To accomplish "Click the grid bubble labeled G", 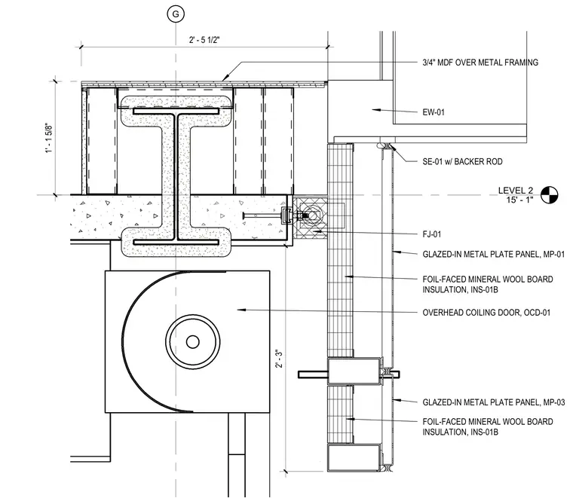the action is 176,14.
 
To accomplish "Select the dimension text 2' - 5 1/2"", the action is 204,40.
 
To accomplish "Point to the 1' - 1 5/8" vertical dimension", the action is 48,139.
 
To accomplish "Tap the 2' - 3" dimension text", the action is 279,359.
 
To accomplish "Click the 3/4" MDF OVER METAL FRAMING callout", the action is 480,63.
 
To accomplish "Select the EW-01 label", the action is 434,112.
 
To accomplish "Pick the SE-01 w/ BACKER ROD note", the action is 462,161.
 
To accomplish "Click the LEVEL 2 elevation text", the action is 516,190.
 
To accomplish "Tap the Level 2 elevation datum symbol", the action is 549,194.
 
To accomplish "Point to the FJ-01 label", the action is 431,234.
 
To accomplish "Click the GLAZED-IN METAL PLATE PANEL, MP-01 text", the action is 493,254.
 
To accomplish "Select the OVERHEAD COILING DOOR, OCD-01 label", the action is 486,313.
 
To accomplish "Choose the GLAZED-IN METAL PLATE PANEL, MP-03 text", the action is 493,402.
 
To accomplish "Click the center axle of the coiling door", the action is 192,342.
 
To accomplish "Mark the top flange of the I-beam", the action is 176,111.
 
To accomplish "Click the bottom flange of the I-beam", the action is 176,243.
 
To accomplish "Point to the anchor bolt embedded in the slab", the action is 264,216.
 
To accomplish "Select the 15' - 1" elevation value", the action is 519,200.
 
